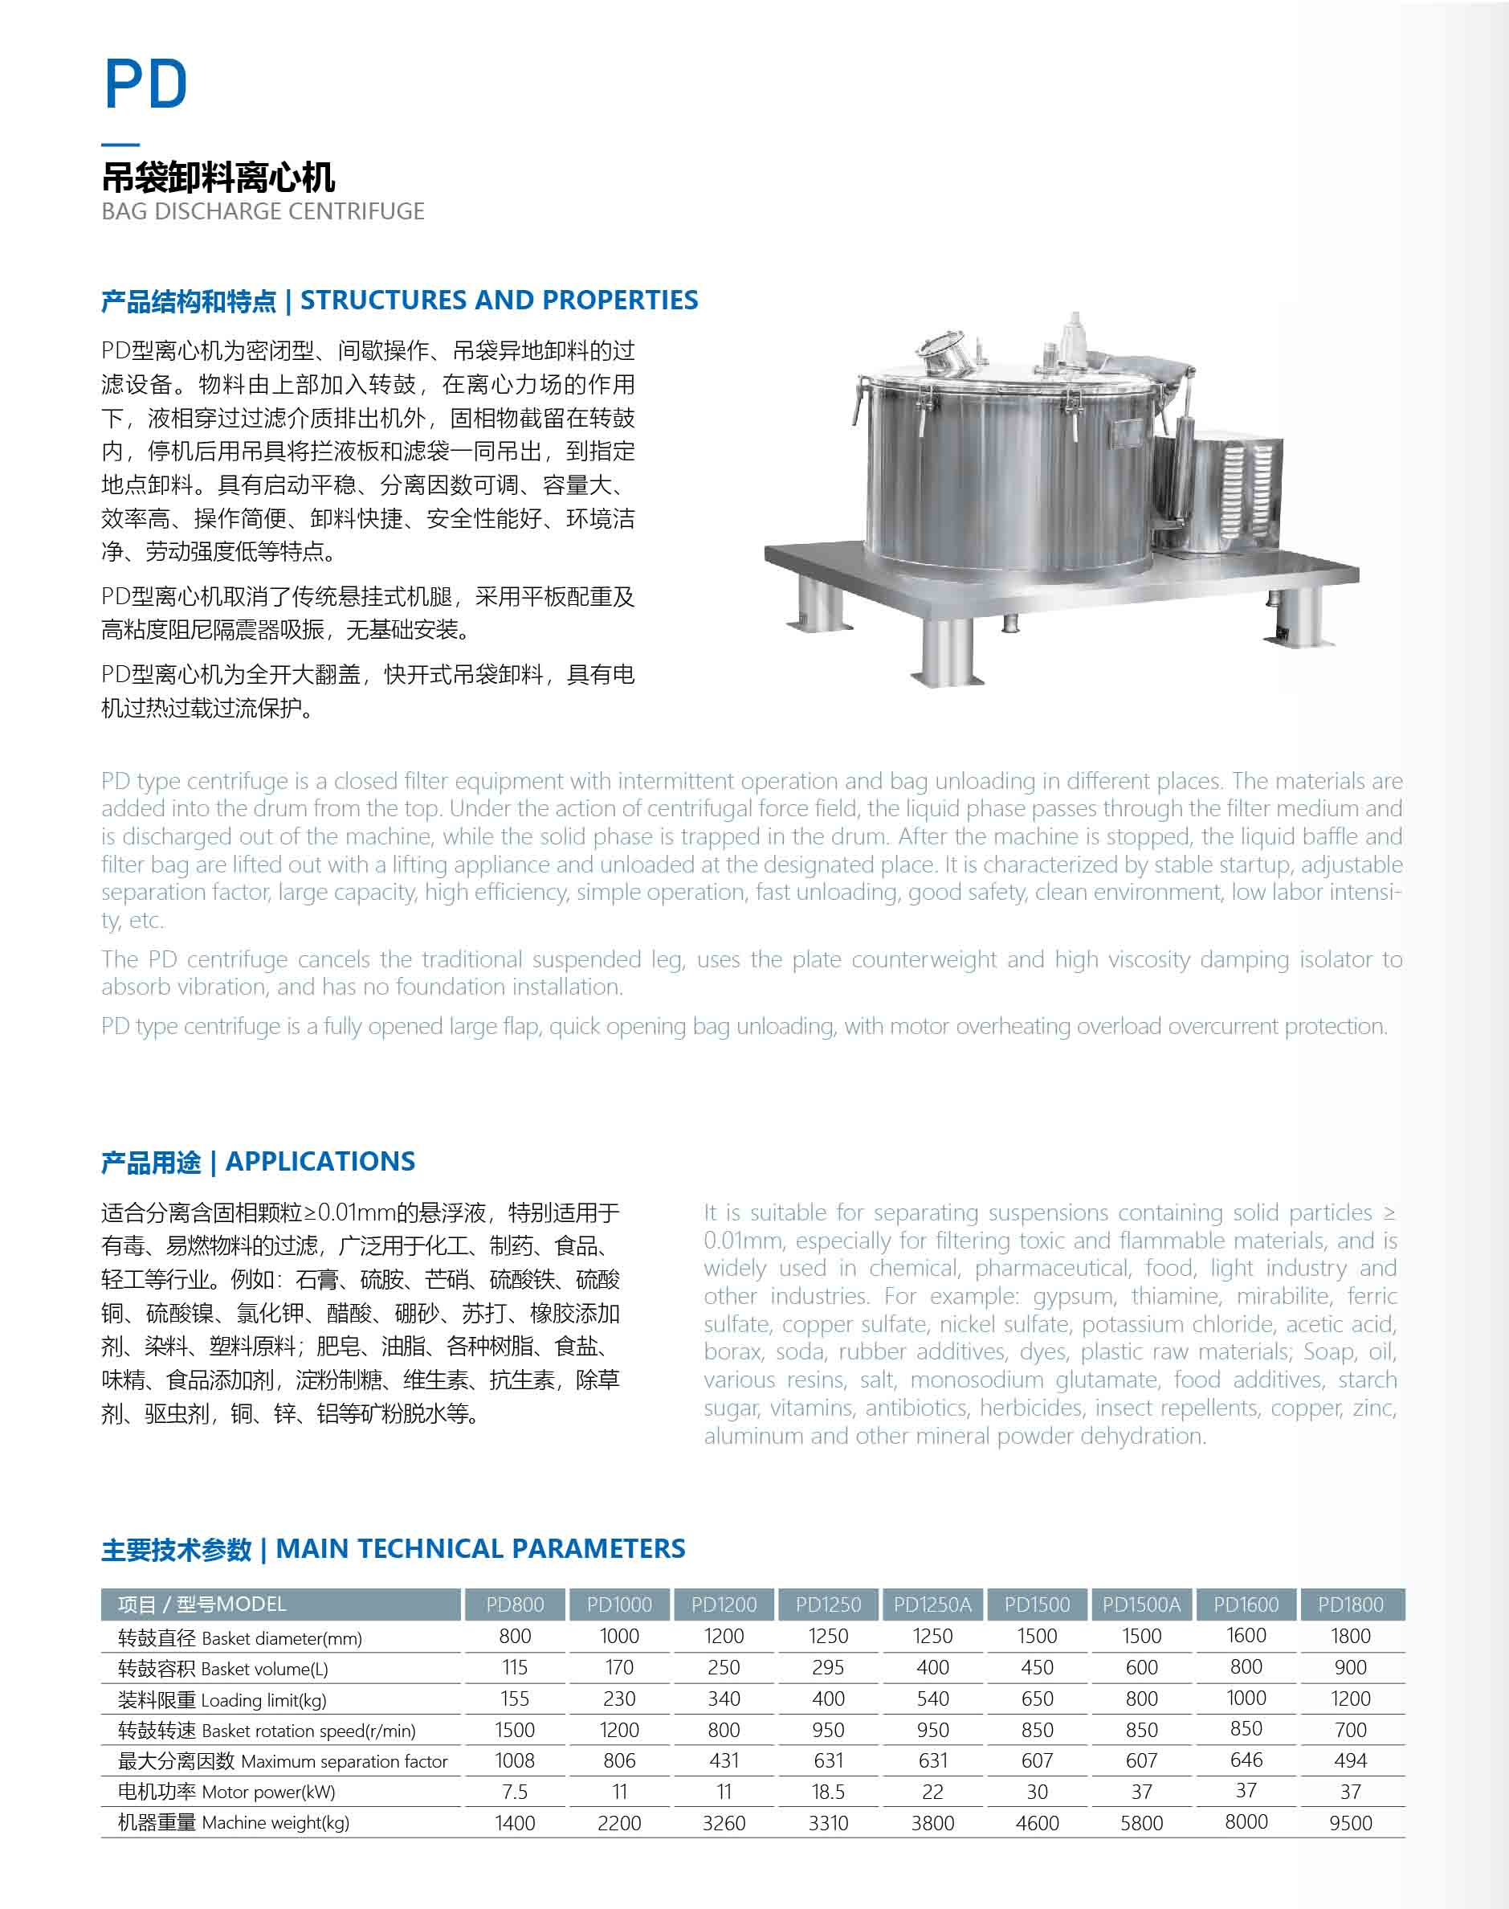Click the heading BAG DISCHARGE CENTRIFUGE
263,211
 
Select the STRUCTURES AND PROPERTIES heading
500,300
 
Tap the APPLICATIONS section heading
320,1161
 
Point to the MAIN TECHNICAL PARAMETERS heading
479,1548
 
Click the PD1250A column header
932,1604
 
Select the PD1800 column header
1350,1604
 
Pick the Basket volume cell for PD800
514,1667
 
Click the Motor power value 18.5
828,1792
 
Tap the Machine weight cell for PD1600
1246,1821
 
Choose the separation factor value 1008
514,1760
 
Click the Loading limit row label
222,1699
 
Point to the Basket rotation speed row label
266,1731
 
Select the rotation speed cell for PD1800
1350,1730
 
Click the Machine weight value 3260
724,1822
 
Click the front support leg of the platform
947,648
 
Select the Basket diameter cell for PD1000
618,1636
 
